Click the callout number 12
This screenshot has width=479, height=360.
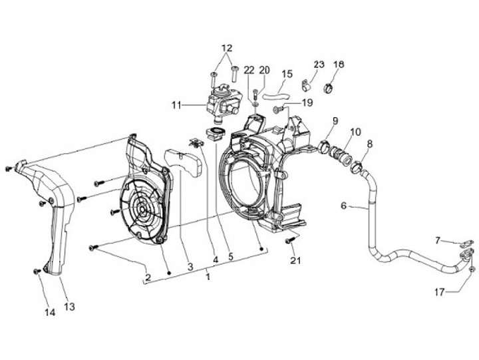tap(227, 48)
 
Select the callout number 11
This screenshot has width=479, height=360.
tap(176, 104)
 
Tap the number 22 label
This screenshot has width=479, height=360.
tap(249, 70)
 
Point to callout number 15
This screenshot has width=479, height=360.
tap(287, 74)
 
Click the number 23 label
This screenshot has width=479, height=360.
tap(319, 65)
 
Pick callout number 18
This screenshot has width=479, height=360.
tap(339, 65)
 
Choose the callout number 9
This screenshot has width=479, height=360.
tap(335, 120)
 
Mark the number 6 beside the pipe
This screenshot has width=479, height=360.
tap(344, 206)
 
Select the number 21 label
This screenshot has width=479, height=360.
tap(295, 260)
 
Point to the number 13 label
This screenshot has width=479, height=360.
tap(69, 307)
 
